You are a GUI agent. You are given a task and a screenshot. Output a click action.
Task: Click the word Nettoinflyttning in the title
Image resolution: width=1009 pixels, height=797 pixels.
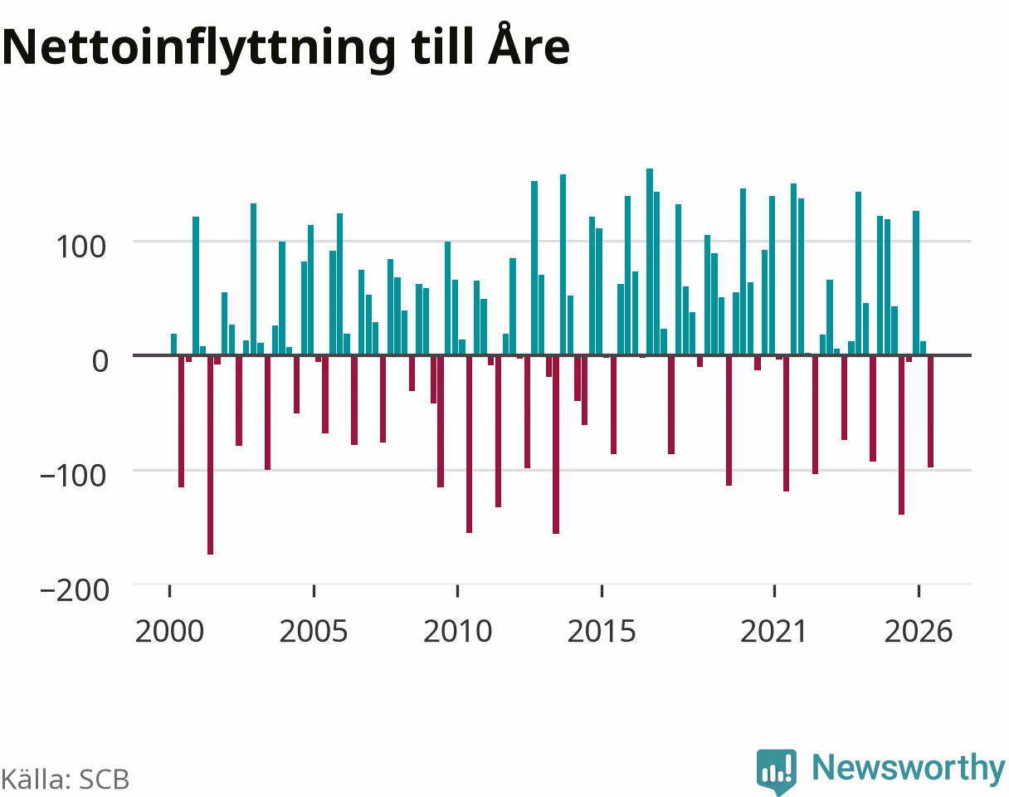click(199, 49)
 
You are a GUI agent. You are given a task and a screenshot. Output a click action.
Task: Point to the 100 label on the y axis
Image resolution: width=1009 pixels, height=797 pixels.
click(81, 247)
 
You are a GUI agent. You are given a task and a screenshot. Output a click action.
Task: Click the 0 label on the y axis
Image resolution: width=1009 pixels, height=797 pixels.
click(100, 361)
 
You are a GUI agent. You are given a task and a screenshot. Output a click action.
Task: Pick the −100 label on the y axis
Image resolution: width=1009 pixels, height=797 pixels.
click(74, 476)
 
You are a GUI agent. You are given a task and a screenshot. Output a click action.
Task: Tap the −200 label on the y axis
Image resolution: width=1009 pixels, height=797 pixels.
click(75, 590)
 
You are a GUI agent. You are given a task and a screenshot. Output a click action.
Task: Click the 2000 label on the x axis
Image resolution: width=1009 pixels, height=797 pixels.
click(169, 631)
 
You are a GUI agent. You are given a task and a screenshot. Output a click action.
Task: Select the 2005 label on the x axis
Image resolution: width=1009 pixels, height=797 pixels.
click(314, 631)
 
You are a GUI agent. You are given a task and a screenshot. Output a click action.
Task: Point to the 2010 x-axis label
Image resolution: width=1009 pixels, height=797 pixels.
click(457, 631)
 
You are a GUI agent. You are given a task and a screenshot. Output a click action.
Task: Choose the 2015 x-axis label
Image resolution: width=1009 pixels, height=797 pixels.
click(602, 631)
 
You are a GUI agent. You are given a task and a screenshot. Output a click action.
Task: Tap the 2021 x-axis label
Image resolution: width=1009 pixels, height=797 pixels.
click(773, 631)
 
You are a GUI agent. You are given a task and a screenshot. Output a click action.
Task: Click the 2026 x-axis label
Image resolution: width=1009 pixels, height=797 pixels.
click(919, 631)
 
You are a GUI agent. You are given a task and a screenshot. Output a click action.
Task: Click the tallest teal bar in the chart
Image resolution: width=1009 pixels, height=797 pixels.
click(650, 262)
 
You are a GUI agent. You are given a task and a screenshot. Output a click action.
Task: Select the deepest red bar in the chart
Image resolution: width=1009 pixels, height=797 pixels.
click(210, 455)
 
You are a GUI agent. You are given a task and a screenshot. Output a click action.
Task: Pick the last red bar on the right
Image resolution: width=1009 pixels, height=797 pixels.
click(930, 412)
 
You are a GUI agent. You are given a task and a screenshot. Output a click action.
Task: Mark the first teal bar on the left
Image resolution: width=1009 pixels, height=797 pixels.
click(174, 344)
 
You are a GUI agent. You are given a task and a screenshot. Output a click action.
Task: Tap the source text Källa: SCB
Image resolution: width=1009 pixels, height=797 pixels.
click(65, 780)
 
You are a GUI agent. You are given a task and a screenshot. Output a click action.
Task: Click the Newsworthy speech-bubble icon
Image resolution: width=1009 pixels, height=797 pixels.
click(777, 771)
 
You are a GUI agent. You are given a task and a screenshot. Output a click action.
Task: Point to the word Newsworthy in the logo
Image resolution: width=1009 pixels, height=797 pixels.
click(909, 769)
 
